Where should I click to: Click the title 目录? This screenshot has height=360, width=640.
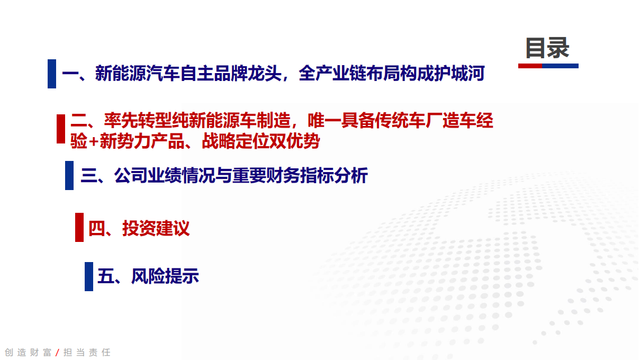(x=547, y=48)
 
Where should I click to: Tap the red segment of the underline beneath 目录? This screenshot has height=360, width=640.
(x=529, y=66)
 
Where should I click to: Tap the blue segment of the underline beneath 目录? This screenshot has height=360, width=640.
(x=560, y=66)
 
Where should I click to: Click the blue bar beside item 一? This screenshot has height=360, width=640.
(x=52, y=74)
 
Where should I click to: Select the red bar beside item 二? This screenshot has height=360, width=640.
(x=61, y=129)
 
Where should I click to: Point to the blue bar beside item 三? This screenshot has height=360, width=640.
(x=69, y=175)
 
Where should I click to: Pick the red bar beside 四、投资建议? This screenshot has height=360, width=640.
(x=79, y=227)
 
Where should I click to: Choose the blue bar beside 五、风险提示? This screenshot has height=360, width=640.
(x=89, y=276)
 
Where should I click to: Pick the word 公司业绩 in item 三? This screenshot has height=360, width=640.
(x=148, y=175)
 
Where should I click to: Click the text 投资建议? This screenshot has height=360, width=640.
(x=156, y=228)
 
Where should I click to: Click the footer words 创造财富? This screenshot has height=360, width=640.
(x=28, y=353)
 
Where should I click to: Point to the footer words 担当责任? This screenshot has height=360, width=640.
(x=87, y=353)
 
